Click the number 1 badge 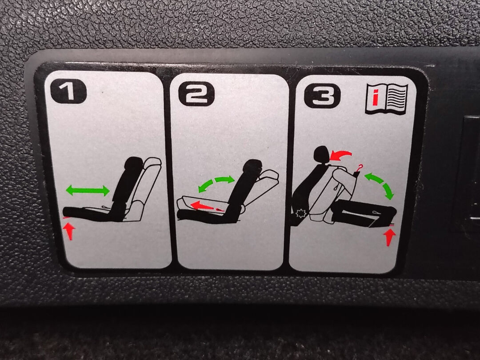coord(68,91)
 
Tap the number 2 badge coord(196,94)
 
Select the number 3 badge coord(322,96)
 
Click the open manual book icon coord(387,99)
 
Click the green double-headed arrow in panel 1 coord(88,190)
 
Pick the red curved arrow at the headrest coord(341,155)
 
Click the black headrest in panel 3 coord(321,155)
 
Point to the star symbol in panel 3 coord(300,213)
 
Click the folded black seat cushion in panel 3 coord(364,212)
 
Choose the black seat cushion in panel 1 coord(89,214)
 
